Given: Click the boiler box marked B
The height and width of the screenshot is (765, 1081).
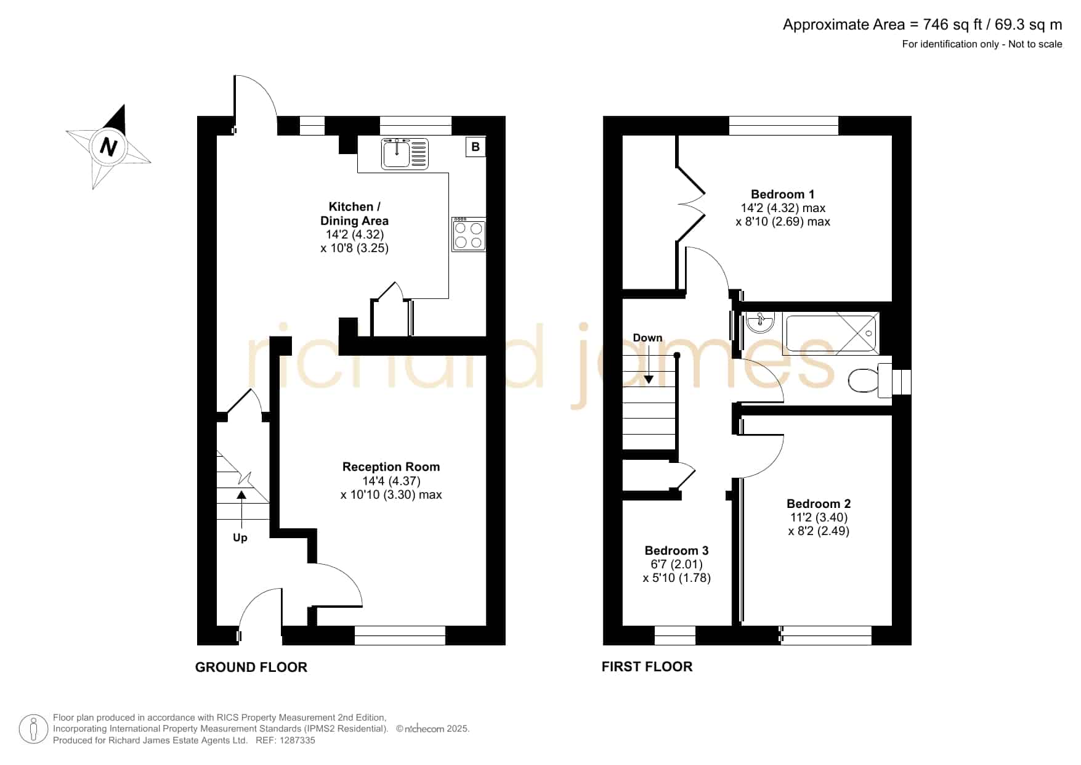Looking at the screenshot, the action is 476,147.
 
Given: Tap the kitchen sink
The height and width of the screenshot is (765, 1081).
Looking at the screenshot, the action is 405,153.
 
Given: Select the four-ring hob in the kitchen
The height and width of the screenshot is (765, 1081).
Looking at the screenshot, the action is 469,234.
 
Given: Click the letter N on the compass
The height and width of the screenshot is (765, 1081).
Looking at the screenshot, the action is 109,147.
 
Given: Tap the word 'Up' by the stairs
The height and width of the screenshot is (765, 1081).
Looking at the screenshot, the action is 240,538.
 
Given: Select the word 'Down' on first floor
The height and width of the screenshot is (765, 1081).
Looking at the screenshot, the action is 647,338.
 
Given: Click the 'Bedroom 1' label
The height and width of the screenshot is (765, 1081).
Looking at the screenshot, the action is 782,194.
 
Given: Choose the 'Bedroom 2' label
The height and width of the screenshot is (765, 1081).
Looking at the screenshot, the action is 819,504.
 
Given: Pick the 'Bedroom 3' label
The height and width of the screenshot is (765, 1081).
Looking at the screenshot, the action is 676,550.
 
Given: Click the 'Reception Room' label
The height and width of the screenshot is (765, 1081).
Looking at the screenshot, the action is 391,467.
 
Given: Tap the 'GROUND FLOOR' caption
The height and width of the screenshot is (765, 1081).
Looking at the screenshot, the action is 251,667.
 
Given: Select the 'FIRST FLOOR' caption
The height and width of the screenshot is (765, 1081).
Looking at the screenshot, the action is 647,666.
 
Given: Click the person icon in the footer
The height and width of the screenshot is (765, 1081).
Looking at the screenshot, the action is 33,729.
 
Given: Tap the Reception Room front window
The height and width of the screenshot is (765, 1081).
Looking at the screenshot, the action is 400,636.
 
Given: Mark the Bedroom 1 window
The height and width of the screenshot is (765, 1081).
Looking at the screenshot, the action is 783,125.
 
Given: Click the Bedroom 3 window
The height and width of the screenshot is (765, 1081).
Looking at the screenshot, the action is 674,636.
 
